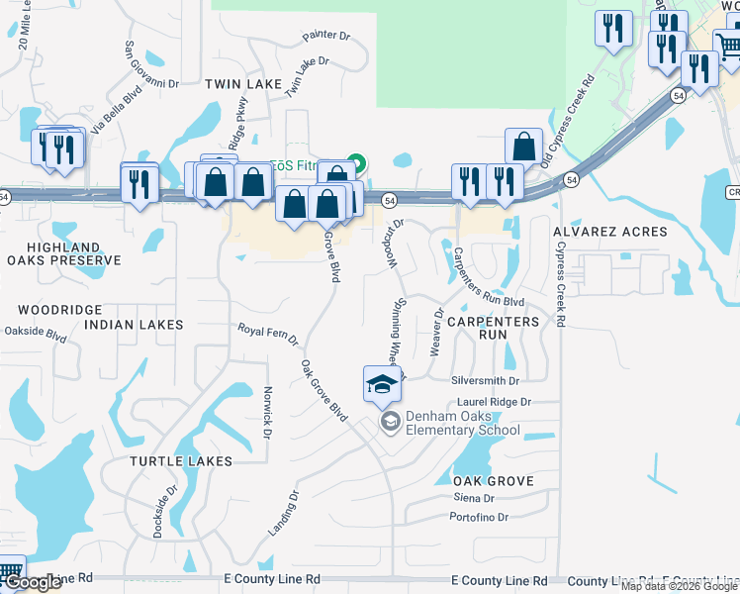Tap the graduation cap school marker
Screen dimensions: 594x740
(382, 385)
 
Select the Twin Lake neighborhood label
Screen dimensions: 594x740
(243, 85)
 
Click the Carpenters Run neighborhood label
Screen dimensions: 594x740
(493, 329)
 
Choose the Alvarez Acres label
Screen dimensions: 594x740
(610, 232)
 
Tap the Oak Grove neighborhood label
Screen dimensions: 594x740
(494, 481)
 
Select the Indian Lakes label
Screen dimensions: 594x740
(134, 325)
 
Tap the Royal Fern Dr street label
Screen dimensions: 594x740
(268, 334)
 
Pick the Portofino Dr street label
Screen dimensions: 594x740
(478, 518)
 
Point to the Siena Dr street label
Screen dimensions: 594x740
(474, 498)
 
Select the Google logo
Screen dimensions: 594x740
(33, 582)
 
